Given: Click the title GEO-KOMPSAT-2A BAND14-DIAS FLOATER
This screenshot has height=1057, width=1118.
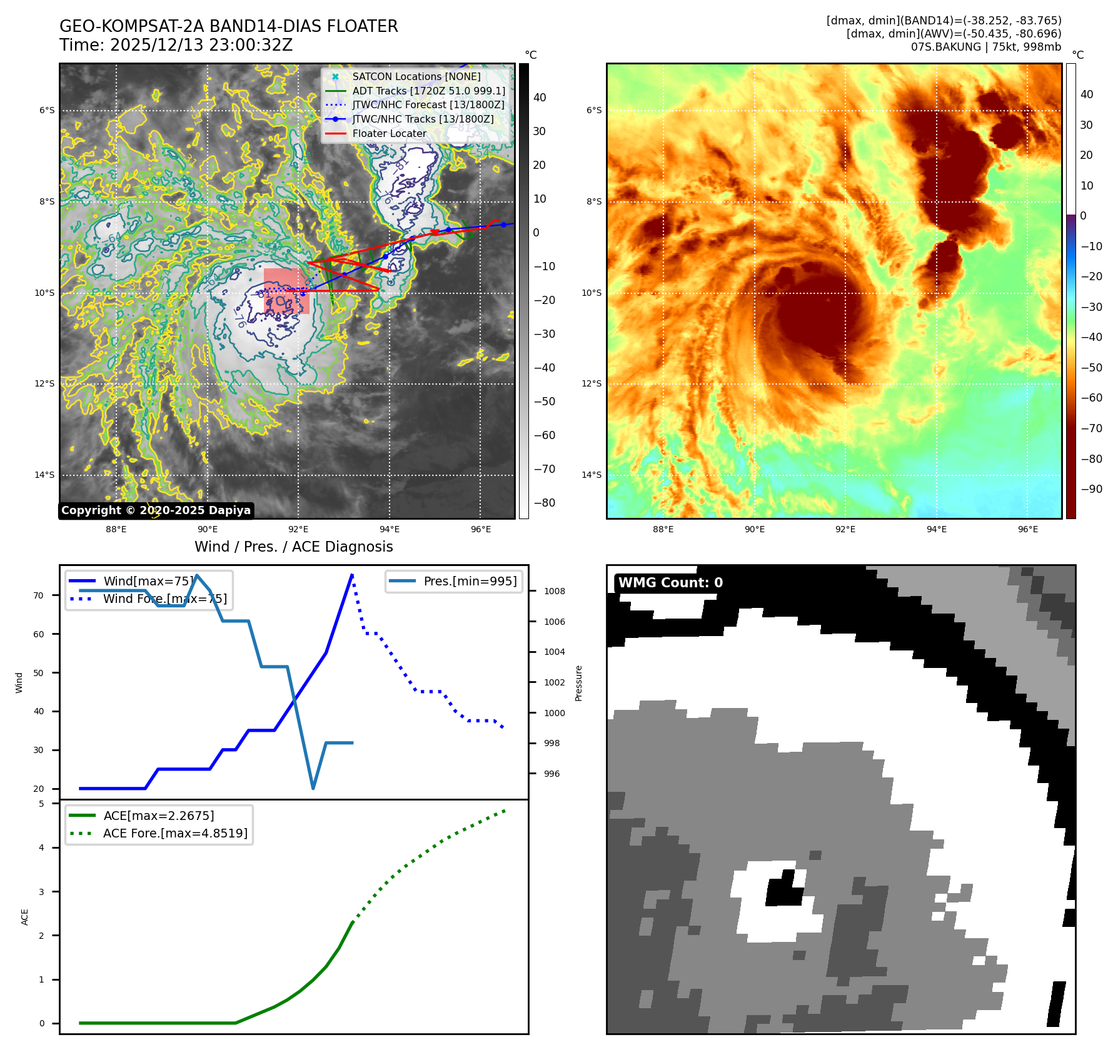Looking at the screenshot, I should tap(228, 26).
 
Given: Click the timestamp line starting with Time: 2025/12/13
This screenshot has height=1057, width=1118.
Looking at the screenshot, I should tap(176, 45).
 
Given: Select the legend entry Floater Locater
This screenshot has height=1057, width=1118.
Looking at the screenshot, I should tap(389, 133).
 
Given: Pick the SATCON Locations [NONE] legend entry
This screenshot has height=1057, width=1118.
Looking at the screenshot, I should tap(416, 76).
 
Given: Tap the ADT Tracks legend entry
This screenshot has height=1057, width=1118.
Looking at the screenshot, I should tap(428, 91).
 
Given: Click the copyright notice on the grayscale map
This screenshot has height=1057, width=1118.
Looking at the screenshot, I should tap(156, 510).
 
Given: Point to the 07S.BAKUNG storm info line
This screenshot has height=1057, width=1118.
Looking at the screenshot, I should tap(985, 47).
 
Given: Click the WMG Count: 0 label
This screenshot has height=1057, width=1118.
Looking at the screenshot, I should tap(670, 583).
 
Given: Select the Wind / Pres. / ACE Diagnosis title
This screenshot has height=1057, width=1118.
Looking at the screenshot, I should tap(293, 547).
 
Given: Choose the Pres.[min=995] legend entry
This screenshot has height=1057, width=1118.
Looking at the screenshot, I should tap(470, 581).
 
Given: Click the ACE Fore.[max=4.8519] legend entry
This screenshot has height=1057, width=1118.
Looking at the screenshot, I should tap(175, 833).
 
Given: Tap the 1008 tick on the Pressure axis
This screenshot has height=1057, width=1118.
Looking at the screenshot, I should tap(554, 591).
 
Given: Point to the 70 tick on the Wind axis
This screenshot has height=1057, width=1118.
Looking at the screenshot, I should tap(39, 595).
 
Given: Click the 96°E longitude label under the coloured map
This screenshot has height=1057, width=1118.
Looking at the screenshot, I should tap(1027, 529).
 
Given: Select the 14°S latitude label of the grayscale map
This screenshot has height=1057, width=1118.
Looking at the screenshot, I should tap(44, 475).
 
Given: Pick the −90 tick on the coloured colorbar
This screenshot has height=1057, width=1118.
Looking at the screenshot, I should tap(1091, 489).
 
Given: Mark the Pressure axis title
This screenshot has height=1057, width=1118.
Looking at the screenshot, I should tap(578, 683).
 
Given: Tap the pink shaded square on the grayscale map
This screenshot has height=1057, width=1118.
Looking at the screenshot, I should tap(286, 291).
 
